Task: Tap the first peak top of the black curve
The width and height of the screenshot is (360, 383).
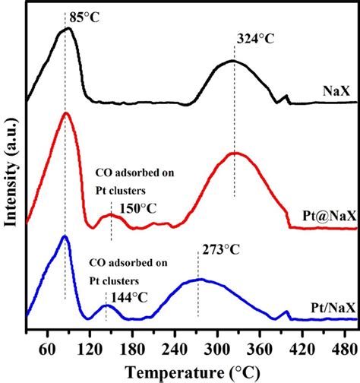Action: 66,28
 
